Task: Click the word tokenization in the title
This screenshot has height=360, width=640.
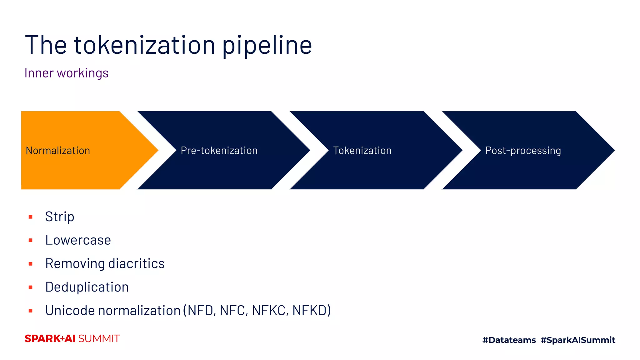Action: coord(144,45)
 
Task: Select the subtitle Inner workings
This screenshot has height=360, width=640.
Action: coord(66,73)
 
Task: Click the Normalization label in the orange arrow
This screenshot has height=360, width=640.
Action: coord(58,151)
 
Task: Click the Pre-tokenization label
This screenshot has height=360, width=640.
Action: coord(219,151)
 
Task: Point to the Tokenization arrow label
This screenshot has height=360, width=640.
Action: coord(362,151)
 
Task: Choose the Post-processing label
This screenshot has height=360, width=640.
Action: coord(523,151)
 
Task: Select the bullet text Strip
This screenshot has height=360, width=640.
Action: coord(60,217)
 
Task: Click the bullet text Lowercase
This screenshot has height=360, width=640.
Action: coord(78,240)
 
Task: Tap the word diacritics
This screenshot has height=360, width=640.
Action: coord(136,263)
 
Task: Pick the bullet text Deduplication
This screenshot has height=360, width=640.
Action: coord(87,287)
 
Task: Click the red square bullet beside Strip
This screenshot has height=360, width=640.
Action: coord(31,217)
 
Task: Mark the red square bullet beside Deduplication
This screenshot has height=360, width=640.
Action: coord(31,287)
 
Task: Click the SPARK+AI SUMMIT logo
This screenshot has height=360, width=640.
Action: coord(72,339)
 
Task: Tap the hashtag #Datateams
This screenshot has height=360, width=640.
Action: coord(509,340)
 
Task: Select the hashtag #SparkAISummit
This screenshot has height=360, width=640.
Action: coord(578,340)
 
